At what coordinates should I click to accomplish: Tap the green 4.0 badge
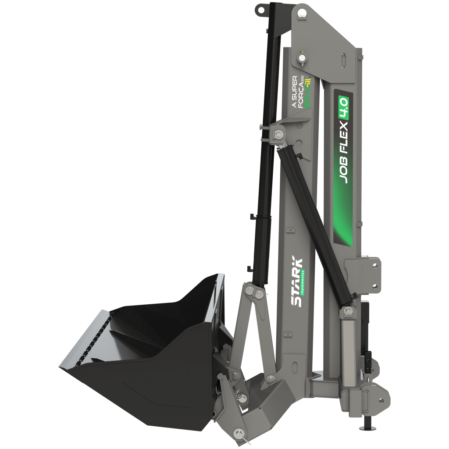343,108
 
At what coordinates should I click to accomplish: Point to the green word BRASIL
307,92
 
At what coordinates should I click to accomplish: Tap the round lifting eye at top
260,10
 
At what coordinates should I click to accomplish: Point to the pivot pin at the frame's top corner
301,13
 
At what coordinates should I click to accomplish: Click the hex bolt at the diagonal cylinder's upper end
278,134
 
